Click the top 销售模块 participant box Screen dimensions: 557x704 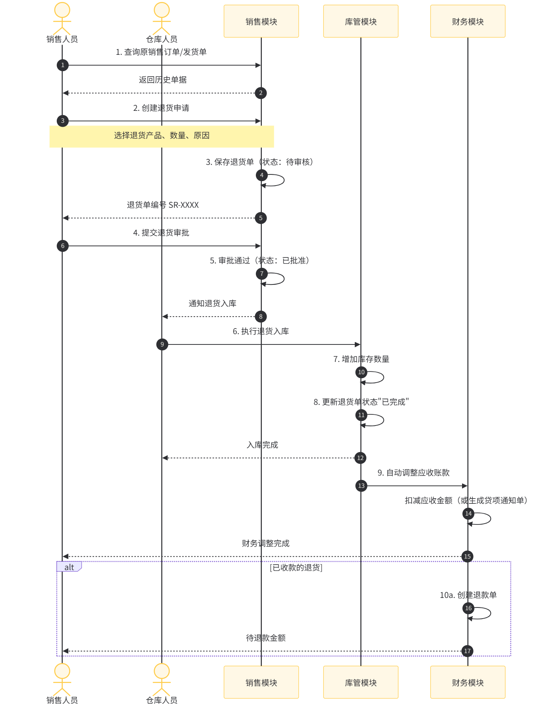click(x=261, y=21)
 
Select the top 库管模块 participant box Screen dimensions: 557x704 click(x=361, y=21)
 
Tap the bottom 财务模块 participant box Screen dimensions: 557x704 click(x=468, y=682)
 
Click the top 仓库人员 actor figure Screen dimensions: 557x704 click(x=162, y=19)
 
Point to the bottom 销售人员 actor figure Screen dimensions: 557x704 click(x=62, y=680)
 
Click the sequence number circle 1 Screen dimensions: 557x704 click(x=63, y=65)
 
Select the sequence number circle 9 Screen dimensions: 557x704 click(x=162, y=344)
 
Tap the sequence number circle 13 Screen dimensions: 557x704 click(x=361, y=486)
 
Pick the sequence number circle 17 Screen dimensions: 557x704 click(x=467, y=651)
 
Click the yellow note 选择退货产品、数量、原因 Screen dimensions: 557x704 click(x=162, y=136)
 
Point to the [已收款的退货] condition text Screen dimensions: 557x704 click(x=296, y=568)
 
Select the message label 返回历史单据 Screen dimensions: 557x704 click(x=162, y=80)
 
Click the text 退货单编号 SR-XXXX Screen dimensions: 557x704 click(x=162, y=205)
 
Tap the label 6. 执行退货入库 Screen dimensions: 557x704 click(x=261, y=331)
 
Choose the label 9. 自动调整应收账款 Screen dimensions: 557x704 click(x=414, y=473)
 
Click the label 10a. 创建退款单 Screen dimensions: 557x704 click(x=468, y=595)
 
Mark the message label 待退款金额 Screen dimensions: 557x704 click(x=266, y=638)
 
